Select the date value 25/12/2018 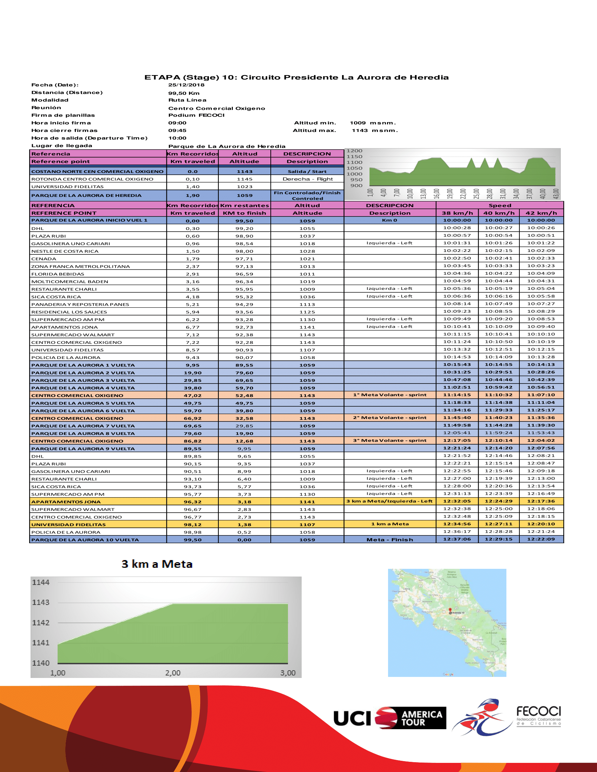pos(186,85)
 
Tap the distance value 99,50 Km pos(184,93)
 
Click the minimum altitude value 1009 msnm pos(373,123)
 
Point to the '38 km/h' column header pos(457,213)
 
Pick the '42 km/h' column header pos(541,213)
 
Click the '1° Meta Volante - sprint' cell pos(390,395)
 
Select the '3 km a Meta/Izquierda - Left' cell pos(389,501)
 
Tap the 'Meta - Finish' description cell pos(390,540)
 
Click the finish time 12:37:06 pos(457,539)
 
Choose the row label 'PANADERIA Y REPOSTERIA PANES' pos(80,304)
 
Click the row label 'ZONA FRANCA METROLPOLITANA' pos(81,267)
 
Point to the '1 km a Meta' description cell pos(390,524)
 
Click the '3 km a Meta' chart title pos(157,564)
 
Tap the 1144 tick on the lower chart pos(41,583)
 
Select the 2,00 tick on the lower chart pos(172,673)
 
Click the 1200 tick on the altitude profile pos(354,151)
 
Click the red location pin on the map pos(450,610)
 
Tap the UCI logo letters pos(352,719)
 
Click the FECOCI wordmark pos(538,711)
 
